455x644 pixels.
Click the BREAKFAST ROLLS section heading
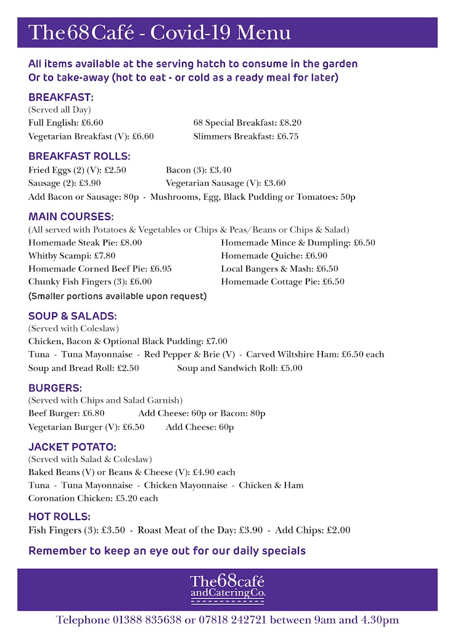tap(79, 157)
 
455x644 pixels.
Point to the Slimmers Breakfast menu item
tap(233, 136)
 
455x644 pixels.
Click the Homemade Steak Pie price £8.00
tap(131, 243)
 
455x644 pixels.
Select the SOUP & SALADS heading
tap(72, 316)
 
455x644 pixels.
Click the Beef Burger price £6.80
tap(93, 414)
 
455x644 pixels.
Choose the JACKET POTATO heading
tap(72, 447)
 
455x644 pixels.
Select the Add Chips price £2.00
tap(339, 530)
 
